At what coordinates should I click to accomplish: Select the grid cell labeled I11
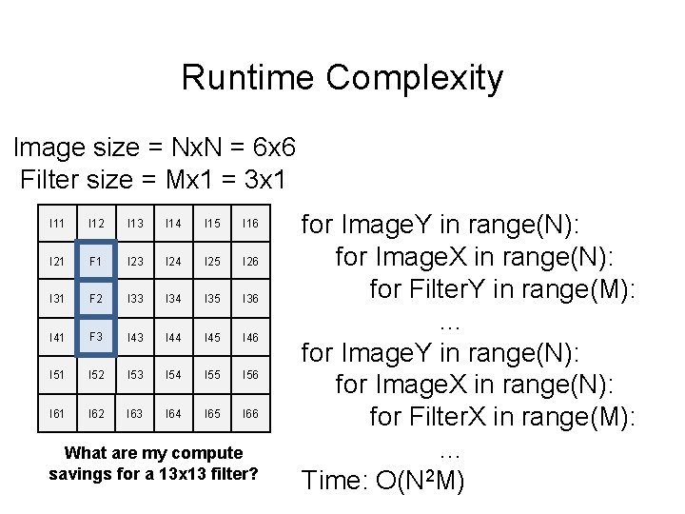pyautogui.click(x=57, y=223)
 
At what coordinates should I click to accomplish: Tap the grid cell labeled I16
pyautogui.click(x=250, y=223)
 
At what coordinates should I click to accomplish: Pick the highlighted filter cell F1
pyautogui.click(x=95, y=261)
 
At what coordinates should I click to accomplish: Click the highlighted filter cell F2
pyautogui.click(x=95, y=299)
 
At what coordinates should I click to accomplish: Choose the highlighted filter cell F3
pyautogui.click(x=95, y=337)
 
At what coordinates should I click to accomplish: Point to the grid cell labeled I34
pyautogui.click(x=173, y=299)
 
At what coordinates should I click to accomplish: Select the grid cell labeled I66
pyautogui.click(x=250, y=414)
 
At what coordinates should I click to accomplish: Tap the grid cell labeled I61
pyautogui.click(x=57, y=414)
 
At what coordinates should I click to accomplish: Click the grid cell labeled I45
pyautogui.click(x=212, y=338)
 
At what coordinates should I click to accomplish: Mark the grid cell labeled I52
pyautogui.click(x=95, y=376)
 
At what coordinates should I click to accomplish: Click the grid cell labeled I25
pyautogui.click(x=212, y=261)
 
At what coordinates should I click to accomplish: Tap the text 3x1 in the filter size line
pyautogui.click(x=264, y=178)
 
